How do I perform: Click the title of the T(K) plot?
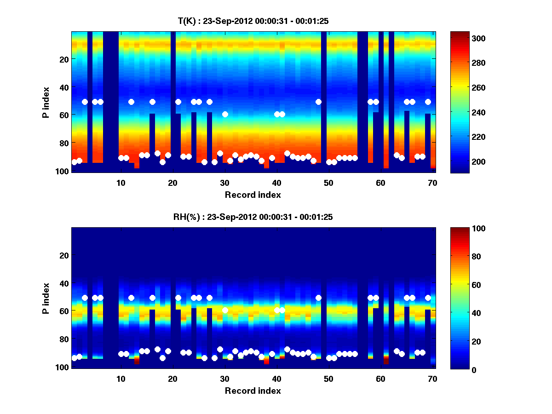tap(253, 21)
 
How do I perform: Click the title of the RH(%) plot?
tap(253, 217)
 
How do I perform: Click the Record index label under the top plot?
tap(253, 195)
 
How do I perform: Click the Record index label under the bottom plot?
tap(253, 391)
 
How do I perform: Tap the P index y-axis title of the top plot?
tap(46, 102)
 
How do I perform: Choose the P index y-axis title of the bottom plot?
tap(46, 298)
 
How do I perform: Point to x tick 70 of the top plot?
tap(432, 182)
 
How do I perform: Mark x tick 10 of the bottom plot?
tap(121, 379)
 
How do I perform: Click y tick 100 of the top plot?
tap(63, 171)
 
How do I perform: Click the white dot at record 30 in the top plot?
tap(225, 114)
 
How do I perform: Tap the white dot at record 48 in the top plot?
tap(318, 102)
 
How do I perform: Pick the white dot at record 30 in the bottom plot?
tap(225, 310)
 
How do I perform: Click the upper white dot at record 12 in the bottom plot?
tap(131, 298)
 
